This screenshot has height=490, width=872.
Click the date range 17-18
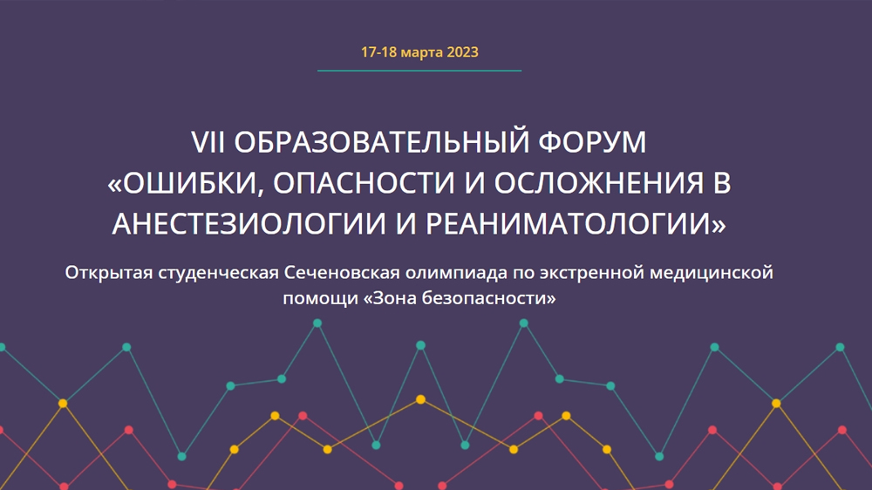(x=378, y=52)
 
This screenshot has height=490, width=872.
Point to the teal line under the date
(x=419, y=71)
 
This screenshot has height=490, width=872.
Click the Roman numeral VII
(x=208, y=142)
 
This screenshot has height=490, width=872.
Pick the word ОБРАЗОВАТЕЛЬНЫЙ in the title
(x=382, y=142)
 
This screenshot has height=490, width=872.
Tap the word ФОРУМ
(x=592, y=142)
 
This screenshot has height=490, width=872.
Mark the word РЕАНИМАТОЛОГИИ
(x=569, y=224)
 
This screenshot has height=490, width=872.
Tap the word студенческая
(x=218, y=273)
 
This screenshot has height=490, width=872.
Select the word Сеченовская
(x=342, y=273)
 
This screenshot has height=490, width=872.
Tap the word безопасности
(x=484, y=298)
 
